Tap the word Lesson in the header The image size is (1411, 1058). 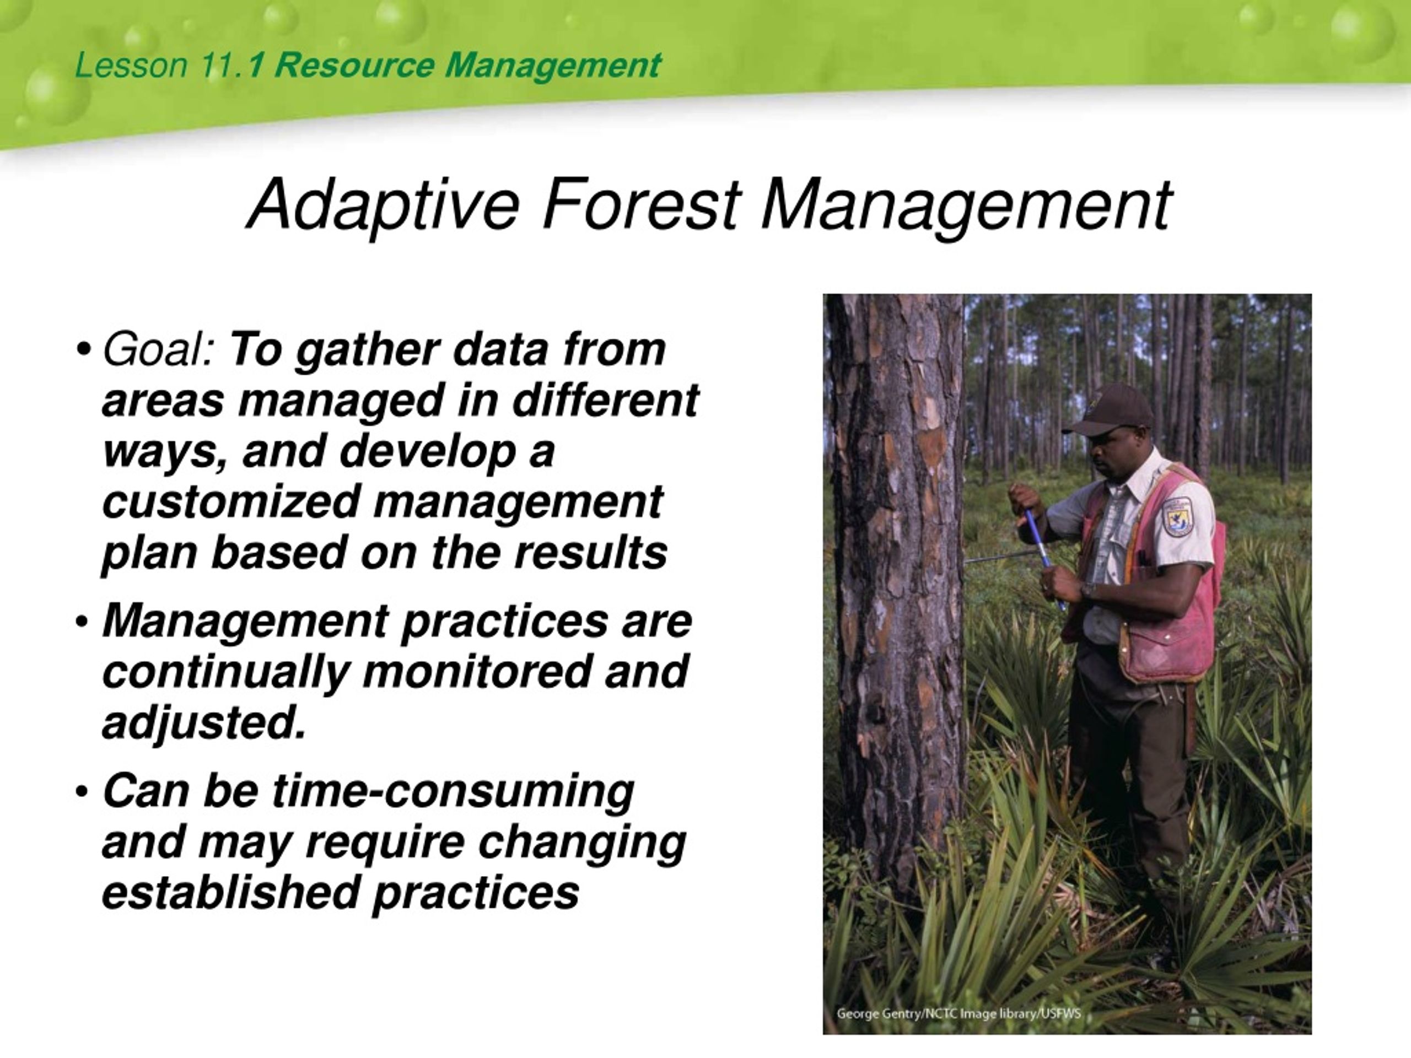[131, 66]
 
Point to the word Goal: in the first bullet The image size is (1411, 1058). [159, 350]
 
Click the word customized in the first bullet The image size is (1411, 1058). [231, 502]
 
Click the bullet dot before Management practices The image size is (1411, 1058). [82, 622]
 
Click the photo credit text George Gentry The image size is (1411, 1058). [879, 1013]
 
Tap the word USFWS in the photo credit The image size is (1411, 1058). [1062, 1013]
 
